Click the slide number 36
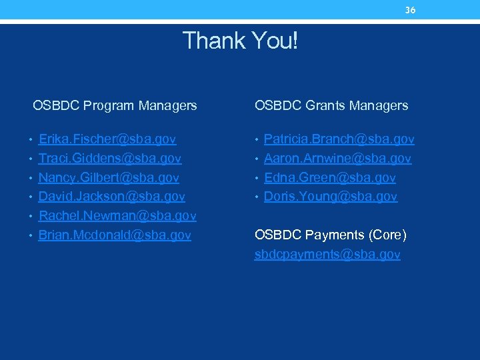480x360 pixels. coord(411,10)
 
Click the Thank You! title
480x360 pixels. coord(240,41)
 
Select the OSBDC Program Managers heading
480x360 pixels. coord(115,105)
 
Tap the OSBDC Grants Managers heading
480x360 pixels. coord(331,105)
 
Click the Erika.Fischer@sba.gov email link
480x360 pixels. coord(107,139)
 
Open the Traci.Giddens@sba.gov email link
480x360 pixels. coord(110,159)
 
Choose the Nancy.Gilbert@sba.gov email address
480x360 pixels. coord(109,178)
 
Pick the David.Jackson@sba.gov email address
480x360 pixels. coord(111,197)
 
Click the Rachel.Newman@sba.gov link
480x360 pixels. coord(117,216)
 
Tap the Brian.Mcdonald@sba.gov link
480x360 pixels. coord(115,235)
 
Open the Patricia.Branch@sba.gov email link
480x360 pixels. coord(339,139)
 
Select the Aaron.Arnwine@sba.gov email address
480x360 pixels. coord(337,159)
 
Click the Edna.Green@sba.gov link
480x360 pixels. coord(329,178)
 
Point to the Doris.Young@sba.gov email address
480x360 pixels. coord(331,197)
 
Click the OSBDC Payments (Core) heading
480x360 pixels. coord(330,235)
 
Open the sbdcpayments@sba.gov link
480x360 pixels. coord(327,255)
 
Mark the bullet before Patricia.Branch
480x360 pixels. coord(257,141)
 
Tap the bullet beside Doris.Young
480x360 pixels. coord(257,198)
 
